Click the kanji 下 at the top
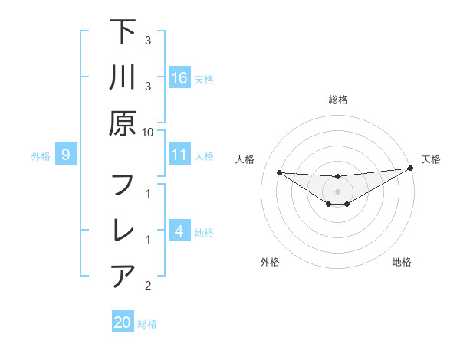123,32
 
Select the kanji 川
123,77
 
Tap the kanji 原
123,123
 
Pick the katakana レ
123,231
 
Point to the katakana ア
123,276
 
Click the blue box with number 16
179,78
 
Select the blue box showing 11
179,155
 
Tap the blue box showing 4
179,231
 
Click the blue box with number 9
67,155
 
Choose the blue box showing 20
123,322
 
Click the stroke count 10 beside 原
149,133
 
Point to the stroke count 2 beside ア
148,286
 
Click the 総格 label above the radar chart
337,100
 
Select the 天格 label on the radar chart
432,159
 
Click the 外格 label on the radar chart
270,262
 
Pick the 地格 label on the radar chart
402,262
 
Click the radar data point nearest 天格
411,169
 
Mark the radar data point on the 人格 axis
279,172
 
